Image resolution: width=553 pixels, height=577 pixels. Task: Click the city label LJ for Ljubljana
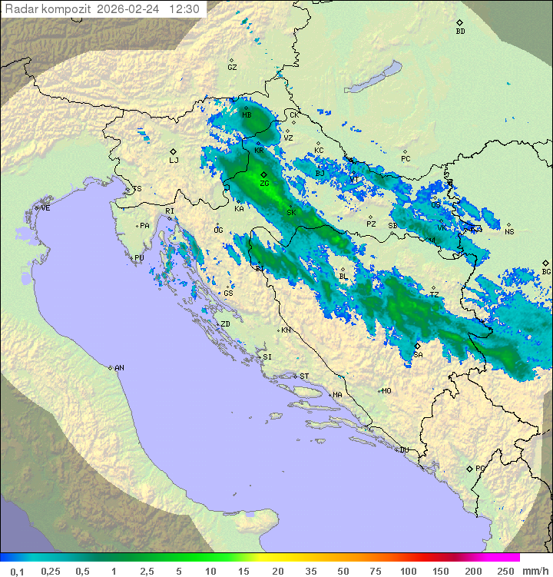[174, 160]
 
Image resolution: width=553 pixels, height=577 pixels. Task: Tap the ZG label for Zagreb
[264, 184]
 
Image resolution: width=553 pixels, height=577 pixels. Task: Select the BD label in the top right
[460, 32]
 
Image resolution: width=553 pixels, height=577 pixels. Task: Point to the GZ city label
[232, 67]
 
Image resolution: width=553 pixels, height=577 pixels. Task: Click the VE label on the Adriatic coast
[45, 208]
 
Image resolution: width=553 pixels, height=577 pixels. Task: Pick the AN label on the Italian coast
[119, 368]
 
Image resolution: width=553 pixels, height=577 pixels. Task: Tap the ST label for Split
[304, 376]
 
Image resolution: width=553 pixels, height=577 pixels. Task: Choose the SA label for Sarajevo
[418, 355]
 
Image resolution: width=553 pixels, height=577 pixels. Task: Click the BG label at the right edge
[546, 271]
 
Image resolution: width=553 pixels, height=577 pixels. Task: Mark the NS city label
[509, 231]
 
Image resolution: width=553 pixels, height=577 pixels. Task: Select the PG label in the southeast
[480, 468]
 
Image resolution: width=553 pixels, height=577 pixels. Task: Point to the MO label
[386, 390]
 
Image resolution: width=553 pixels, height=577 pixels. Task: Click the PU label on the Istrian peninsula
[139, 258]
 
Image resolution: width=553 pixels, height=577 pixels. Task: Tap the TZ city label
[434, 294]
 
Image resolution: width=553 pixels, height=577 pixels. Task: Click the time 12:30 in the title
[184, 9]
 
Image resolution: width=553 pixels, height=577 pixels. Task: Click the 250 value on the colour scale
[505, 571]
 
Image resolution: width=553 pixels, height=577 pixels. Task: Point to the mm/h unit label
[536, 571]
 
